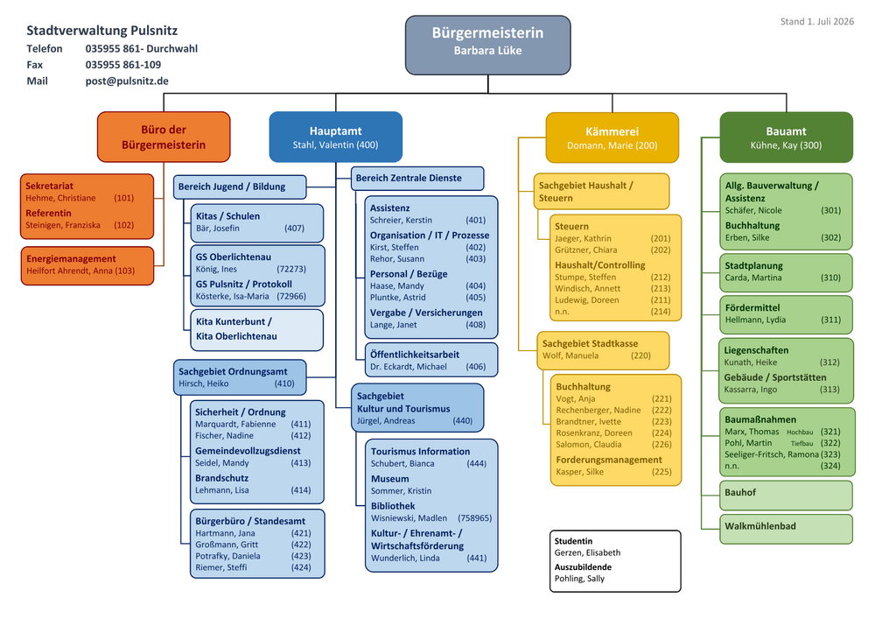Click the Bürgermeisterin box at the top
coord(487,46)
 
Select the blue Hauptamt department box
coord(335,137)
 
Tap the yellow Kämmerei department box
coord(612,137)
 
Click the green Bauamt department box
coord(787,137)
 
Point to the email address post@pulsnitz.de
coord(127,81)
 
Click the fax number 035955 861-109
coord(122,65)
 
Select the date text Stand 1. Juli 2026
coord(817,21)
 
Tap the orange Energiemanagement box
coord(87,265)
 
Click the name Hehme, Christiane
coord(60,198)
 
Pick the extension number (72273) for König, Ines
coord(291,269)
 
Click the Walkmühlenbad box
coord(786,529)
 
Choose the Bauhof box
coord(786,495)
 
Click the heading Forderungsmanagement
coord(609,460)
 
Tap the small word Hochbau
coord(800,432)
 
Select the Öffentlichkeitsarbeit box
coord(430,360)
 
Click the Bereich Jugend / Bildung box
coord(240,187)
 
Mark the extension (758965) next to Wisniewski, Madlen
coord(475,518)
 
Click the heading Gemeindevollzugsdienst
coord(248,451)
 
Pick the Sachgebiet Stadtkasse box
coord(603,350)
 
